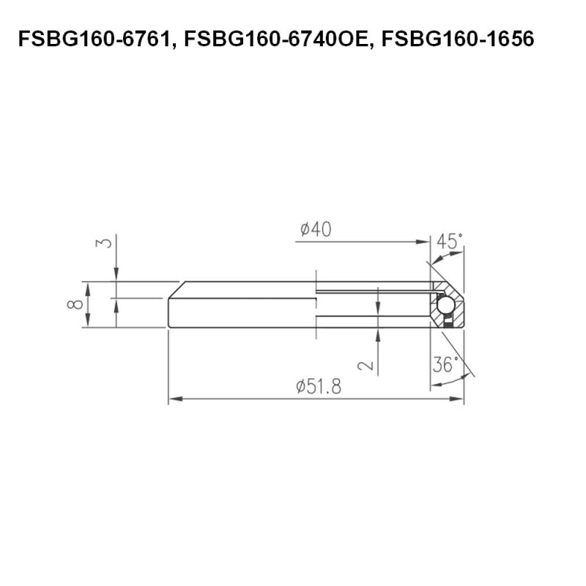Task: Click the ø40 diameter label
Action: [316, 230]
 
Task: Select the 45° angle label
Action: [450, 241]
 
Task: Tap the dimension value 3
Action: [105, 242]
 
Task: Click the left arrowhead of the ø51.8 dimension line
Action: [173, 400]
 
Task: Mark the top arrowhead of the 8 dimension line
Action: [87, 286]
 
